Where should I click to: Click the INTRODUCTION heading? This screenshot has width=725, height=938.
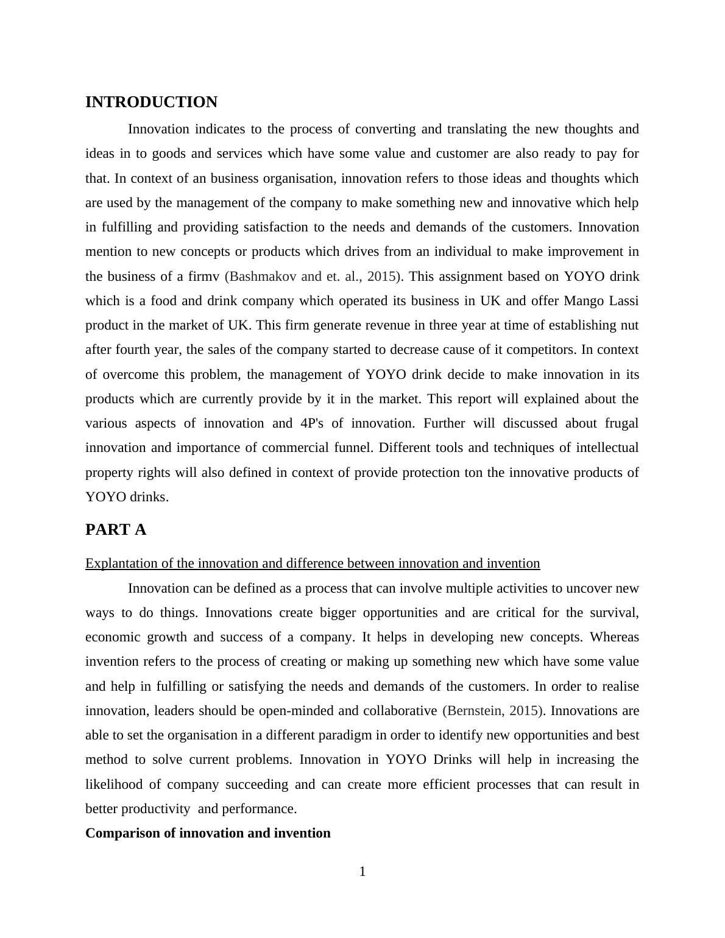(x=151, y=102)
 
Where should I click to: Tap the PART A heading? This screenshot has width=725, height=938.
(x=116, y=530)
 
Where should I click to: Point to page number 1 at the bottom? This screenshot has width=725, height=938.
(x=362, y=872)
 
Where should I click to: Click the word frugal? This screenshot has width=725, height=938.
(x=621, y=423)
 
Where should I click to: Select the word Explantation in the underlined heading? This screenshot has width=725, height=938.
(x=122, y=563)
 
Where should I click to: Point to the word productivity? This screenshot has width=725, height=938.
(x=155, y=809)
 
